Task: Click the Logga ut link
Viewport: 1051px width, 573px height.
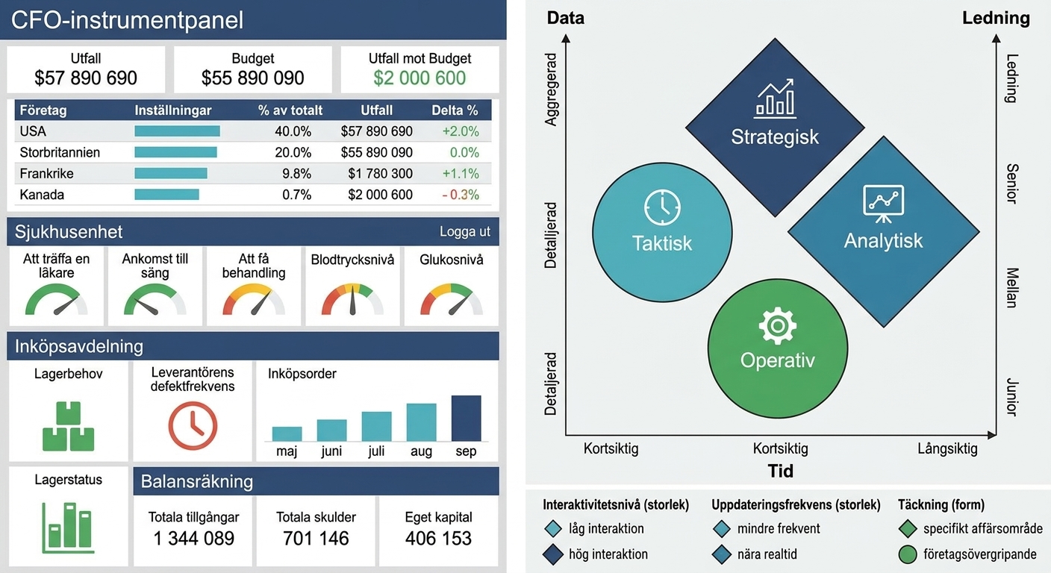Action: pyautogui.click(x=464, y=231)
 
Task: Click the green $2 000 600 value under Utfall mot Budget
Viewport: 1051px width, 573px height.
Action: pyautogui.click(x=420, y=78)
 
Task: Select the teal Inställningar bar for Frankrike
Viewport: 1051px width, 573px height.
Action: pyautogui.click(x=171, y=174)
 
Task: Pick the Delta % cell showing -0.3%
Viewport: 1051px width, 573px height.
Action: pyautogui.click(x=461, y=195)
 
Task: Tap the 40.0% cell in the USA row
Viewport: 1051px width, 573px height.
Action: pyautogui.click(x=293, y=131)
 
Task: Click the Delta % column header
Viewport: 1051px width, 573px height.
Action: pyautogui.click(x=455, y=110)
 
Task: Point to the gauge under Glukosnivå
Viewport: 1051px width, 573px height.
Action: pyautogui.click(x=451, y=299)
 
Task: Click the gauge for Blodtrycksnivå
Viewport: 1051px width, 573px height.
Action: pyautogui.click(x=352, y=299)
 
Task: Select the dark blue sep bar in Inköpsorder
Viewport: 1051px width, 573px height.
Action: pyautogui.click(x=466, y=419)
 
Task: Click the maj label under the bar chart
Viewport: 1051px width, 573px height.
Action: pyautogui.click(x=287, y=451)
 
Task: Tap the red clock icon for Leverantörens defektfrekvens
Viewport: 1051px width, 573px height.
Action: pyautogui.click(x=193, y=426)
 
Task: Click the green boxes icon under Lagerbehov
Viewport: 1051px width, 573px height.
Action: pyautogui.click(x=69, y=426)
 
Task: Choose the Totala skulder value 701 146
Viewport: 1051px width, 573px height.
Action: pyautogui.click(x=316, y=538)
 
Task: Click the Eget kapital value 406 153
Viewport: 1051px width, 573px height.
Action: pyautogui.click(x=438, y=538)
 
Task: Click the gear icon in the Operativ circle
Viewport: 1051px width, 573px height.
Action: pyautogui.click(x=778, y=326)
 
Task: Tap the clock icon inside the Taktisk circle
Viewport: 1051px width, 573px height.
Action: pyautogui.click(x=662, y=207)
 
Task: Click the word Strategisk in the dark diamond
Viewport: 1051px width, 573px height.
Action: pyautogui.click(x=775, y=137)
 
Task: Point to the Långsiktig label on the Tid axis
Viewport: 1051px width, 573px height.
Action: pyautogui.click(x=947, y=448)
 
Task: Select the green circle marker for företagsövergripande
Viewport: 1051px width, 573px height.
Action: pyautogui.click(x=908, y=554)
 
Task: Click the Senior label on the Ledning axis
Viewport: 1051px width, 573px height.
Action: pyautogui.click(x=1012, y=184)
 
